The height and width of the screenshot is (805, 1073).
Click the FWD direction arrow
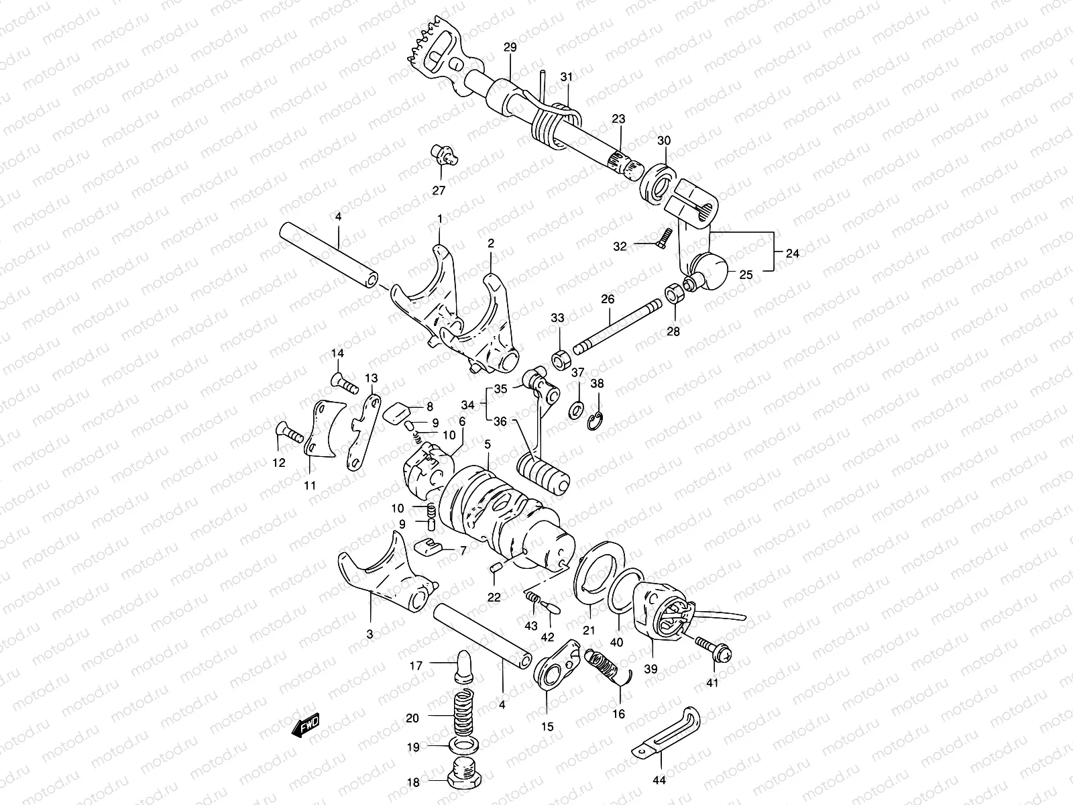(306, 725)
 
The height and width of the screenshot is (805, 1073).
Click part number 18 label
(413, 782)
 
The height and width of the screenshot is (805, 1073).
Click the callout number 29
(510, 48)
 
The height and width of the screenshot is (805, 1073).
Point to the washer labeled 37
(575, 409)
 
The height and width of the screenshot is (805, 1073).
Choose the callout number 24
(791, 254)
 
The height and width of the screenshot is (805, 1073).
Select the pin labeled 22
(496, 568)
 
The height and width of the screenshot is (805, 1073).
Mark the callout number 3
(371, 634)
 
